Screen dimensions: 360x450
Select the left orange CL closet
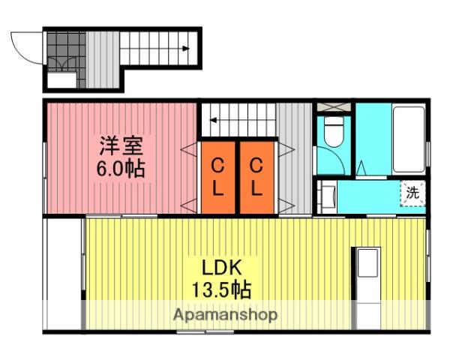217,176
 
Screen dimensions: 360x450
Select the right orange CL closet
256,176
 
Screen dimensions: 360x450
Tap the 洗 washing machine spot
412,192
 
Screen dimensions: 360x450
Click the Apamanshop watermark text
226,315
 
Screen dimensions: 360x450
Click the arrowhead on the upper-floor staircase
213,118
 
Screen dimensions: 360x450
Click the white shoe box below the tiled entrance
61,80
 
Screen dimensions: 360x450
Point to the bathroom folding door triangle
361,168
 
